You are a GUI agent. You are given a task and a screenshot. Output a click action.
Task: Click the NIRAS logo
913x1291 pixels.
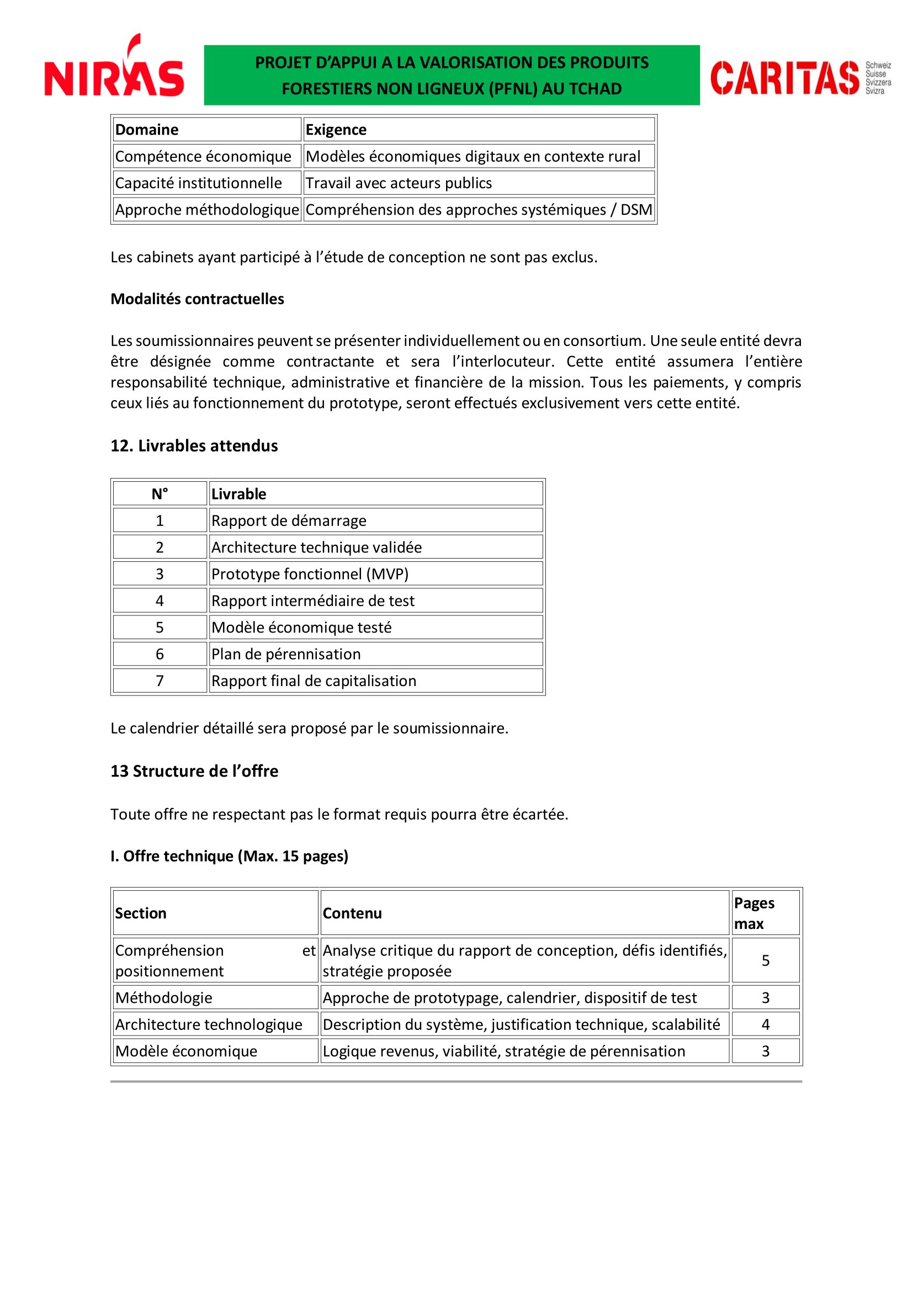(114, 67)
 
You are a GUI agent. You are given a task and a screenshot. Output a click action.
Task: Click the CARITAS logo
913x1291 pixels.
(799, 78)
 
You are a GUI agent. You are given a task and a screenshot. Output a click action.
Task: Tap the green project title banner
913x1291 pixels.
(452, 76)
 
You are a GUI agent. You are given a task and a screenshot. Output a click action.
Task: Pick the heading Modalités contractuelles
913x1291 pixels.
(197, 299)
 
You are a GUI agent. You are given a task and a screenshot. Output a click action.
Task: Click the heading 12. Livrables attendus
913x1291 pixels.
(194, 446)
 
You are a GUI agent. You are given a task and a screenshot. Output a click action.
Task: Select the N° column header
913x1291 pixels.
(160, 494)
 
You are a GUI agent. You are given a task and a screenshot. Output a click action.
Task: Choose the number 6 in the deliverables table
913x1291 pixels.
(160, 655)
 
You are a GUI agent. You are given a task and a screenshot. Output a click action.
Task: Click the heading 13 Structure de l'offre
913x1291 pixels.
(194, 772)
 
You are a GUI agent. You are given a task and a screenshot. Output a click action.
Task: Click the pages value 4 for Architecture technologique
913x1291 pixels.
(765, 1024)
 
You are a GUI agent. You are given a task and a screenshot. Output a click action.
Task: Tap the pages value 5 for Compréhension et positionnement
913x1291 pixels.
(765, 961)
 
